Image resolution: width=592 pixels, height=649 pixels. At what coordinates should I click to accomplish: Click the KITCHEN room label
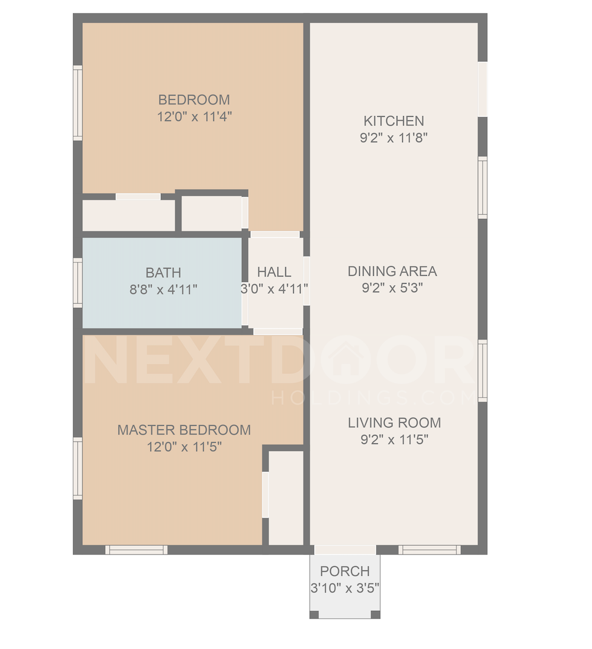tap(394, 121)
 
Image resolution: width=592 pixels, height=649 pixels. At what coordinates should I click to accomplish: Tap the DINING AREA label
tap(392, 271)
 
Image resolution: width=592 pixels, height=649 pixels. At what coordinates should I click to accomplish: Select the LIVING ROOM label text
tap(394, 423)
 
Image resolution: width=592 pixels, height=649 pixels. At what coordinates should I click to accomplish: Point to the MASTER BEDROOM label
tap(184, 430)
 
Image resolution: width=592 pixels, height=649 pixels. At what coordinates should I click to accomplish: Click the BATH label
tap(163, 273)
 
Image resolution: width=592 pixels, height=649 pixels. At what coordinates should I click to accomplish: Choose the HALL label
tap(275, 272)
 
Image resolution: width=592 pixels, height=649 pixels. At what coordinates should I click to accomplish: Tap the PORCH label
tap(345, 571)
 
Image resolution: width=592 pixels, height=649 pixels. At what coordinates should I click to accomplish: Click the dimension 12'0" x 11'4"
tap(195, 117)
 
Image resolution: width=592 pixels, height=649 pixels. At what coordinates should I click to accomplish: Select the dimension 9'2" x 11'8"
tap(394, 137)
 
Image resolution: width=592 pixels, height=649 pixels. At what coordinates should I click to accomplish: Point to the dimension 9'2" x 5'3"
tap(392, 288)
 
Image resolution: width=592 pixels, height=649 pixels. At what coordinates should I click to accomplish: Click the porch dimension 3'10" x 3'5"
tap(345, 588)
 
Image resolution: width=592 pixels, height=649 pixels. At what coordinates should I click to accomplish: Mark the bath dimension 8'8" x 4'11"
tap(163, 289)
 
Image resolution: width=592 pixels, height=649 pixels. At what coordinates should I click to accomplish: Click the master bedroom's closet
tap(286, 498)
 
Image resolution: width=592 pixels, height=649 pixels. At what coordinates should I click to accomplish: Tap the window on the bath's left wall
tap(78, 283)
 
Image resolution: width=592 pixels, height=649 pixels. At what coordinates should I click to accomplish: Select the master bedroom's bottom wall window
tap(137, 550)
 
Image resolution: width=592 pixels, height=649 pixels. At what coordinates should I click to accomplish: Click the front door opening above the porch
tap(345, 550)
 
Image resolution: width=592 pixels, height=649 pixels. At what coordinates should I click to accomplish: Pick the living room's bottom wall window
tap(429, 550)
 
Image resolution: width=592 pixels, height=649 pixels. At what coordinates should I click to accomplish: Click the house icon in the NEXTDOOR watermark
tap(345, 359)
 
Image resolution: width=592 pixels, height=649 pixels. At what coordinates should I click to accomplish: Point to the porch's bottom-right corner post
tap(376, 615)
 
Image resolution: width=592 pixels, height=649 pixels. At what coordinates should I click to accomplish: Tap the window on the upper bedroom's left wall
tap(78, 103)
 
